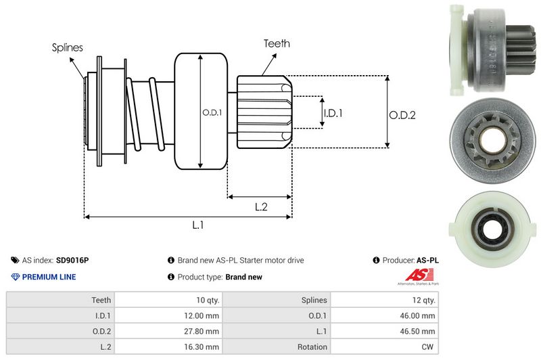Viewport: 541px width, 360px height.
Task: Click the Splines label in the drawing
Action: pyautogui.click(x=68, y=47)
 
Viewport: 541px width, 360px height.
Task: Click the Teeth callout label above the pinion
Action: pyautogui.click(x=277, y=43)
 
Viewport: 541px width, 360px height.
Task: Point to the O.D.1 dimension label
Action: pyautogui.click(x=212, y=112)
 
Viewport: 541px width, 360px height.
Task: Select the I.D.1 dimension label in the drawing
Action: pyautogui.click(x=333, y=113)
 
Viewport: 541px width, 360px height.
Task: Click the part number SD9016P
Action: pyautogui.click(x=72, y=260)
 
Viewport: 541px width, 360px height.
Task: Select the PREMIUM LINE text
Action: pyautogui.click(x=49, y=277)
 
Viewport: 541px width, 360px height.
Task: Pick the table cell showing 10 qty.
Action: pyautogui.click(x=205, y=300)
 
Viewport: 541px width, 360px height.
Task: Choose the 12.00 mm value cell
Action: pyautogui.click(x=202, y=315)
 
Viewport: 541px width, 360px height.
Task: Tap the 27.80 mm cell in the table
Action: pyautogui.click(x=202, y=331)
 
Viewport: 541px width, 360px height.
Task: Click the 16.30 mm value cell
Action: pyautogui.click(x=202, y=346)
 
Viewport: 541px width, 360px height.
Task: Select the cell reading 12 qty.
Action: pyautogui.click(x=422, y=300)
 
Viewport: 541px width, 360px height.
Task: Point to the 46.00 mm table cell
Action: pyautogui.click(x=419, y=315)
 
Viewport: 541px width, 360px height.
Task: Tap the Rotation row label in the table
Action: pyautogui.click(x=312, y=346)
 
